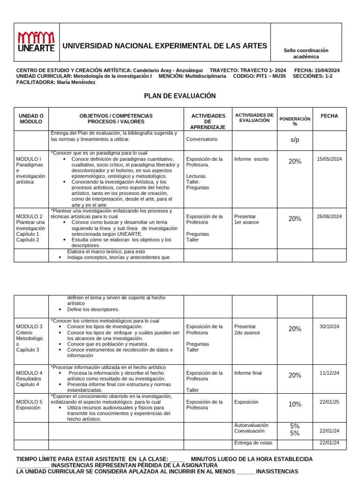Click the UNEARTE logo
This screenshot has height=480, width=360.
pos(36,42)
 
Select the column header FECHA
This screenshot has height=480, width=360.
pos(329,116)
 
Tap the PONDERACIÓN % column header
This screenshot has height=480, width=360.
pos(295,121)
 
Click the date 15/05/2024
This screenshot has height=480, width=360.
pos(329,159)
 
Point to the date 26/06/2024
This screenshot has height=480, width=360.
pos(329,217)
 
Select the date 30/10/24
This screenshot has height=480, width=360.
pos(329,326)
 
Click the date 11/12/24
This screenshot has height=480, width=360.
pos(329,373)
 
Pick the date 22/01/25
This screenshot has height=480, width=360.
pos(329,402)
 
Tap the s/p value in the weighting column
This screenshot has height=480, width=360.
pos(295,140)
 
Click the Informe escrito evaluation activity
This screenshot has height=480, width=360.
pos(251,159)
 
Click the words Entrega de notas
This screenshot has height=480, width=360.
pos(253,443)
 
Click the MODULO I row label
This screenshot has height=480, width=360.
pos(29,159)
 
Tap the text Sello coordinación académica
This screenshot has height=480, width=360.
pos(306,53)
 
